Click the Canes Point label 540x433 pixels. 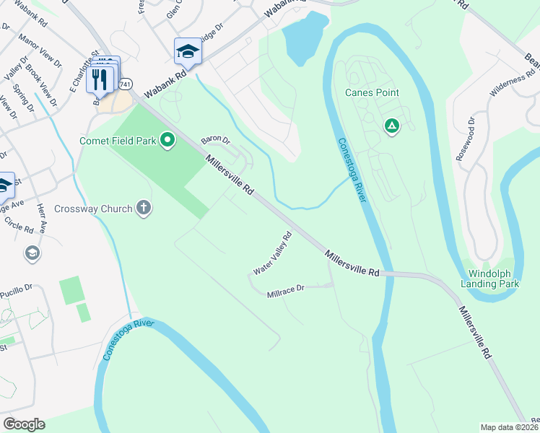[x=372, y=93]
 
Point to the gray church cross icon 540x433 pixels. [x=144, y=209]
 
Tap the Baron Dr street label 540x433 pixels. [x=214, y=139]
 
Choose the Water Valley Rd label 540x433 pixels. [x=272, y=253]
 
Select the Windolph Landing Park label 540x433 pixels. [x=494, y=279]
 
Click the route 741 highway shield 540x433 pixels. [x=126, y=84]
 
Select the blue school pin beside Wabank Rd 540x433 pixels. [x=188, y=51]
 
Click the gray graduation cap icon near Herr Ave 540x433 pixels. [x=32, y=253]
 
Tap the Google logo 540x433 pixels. [x=24, y=424]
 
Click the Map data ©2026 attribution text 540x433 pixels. [x=509, y=427]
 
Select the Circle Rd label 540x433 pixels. [x=19, y=229]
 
